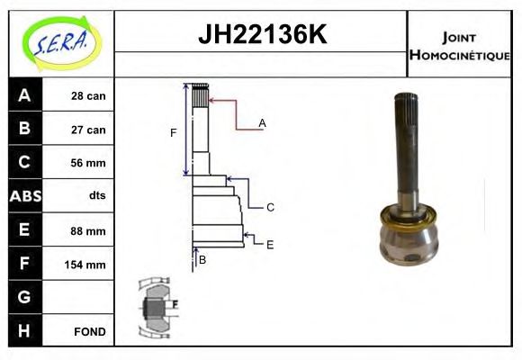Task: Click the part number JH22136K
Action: [261, 35]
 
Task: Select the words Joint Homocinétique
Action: [459, 46]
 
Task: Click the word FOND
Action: [89, 331]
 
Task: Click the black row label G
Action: [23, 297]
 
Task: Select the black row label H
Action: [23, 330]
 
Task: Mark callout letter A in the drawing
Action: [262, 122]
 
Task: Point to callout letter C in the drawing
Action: [269, 207]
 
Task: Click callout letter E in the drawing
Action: [269, 243]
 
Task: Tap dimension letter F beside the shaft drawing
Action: [173, 133]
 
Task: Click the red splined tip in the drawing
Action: [201, 94]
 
